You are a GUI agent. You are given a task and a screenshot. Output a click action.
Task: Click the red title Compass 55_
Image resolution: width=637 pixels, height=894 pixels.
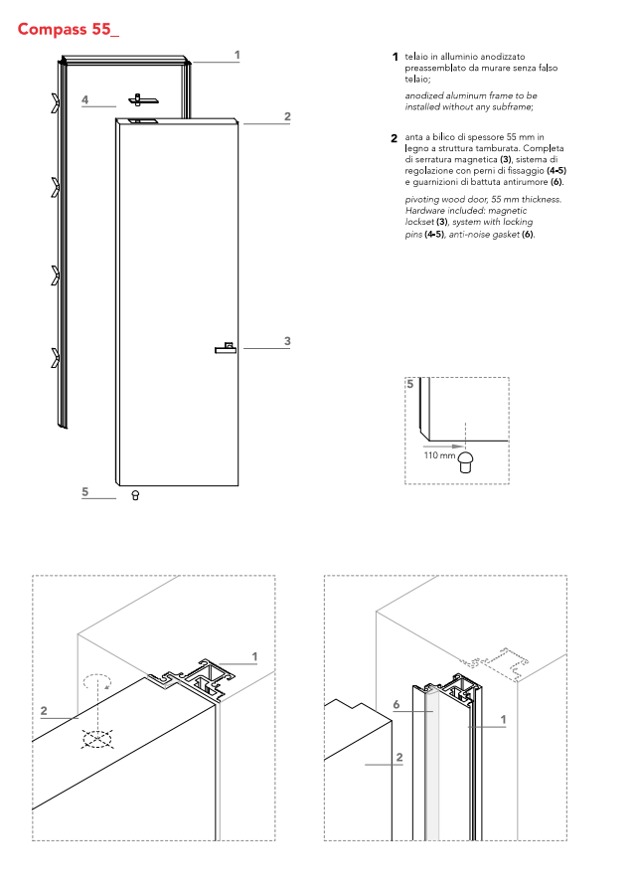click(68, 29)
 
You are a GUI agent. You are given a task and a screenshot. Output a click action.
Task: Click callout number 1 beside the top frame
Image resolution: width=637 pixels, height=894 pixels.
click(237, 56)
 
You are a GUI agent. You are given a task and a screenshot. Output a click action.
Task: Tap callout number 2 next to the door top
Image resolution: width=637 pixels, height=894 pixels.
click(287, 117)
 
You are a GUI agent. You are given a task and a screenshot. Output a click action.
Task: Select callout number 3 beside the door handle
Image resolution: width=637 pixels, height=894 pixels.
click(287, 341)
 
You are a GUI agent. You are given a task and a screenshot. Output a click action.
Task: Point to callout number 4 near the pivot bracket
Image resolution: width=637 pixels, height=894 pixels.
click(85, 100)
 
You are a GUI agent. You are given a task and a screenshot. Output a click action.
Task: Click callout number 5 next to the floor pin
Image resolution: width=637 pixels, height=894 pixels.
click(85, 491)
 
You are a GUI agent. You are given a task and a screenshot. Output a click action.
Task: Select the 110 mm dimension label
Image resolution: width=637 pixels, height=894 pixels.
click(438, 454)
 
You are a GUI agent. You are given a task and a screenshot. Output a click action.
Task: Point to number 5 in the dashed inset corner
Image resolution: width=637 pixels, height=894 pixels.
click(409, 384)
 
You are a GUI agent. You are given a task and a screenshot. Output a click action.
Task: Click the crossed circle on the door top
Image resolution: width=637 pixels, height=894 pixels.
click(96, 739)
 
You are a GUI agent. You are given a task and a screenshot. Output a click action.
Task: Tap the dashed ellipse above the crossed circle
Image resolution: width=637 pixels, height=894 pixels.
click(96, 683)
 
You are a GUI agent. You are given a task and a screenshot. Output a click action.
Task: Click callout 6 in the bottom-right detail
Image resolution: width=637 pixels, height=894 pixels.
click(396, 704)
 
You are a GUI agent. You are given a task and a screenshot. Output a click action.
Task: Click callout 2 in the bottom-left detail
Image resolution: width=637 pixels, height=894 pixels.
click(44, 711)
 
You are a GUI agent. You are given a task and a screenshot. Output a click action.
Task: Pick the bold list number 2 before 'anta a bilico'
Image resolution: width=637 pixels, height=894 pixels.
click(395, 137)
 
